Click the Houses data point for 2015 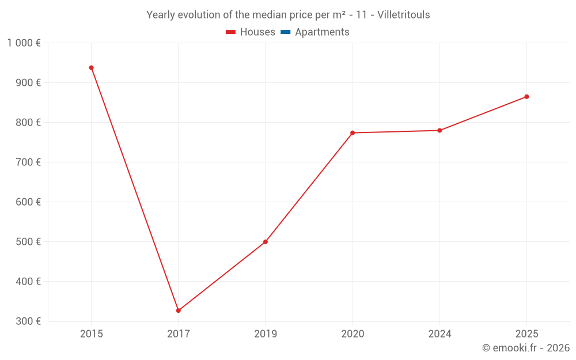(x=91, y=68)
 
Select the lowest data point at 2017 (x=179, y=310)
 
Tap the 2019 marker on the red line (x=266, y=242)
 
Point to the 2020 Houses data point (x=353, y=133)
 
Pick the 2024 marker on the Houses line (x=439, y=131)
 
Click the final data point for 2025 (x=526, y=97)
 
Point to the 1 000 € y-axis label (x=24, y=43)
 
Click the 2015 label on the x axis (x=92, y=334)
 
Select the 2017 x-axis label (x=179, y=334)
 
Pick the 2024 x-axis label (x=439, y=334)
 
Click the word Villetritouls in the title (x=403, y=15)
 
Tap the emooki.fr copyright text (x=526, y=348)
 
